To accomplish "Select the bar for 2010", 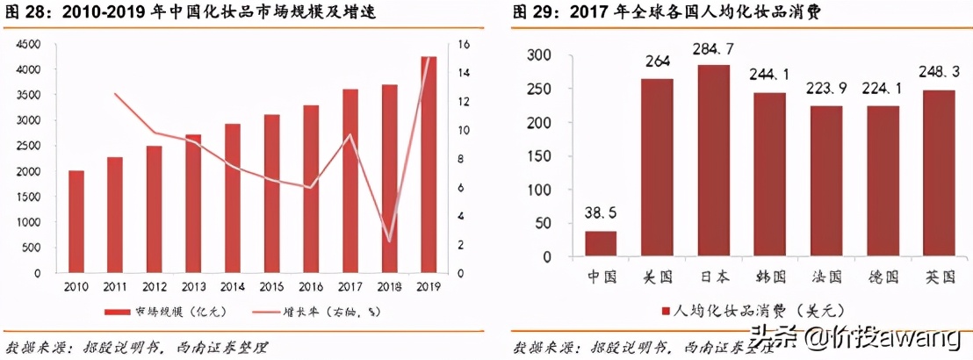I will point(76,221).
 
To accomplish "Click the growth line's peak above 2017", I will point(350,135).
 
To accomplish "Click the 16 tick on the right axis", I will point(464,44).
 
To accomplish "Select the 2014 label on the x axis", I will point(232,287).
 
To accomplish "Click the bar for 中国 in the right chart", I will point(601,243).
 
